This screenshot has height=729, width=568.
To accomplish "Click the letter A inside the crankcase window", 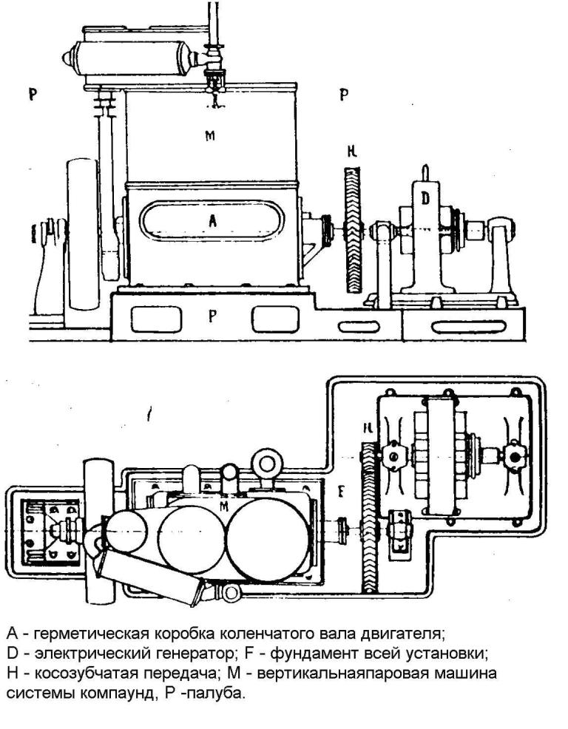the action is [x=212, y=221].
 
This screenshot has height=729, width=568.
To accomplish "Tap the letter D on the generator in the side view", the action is [x=425, y=199].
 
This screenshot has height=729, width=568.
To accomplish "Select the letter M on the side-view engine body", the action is [x=210, y=136].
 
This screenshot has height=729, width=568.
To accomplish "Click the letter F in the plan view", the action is [x=341, y=492].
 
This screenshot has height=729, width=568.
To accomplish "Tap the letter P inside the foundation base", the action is [x=212, y=316].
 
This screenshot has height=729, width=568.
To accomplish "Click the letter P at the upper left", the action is [x=33, y=95].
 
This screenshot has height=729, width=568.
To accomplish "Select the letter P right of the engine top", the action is [x=344, y=95].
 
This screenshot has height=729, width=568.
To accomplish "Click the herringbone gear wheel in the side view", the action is [x=353, y=230].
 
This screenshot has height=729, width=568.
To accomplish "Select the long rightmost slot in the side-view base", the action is [x=463, y=328].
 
